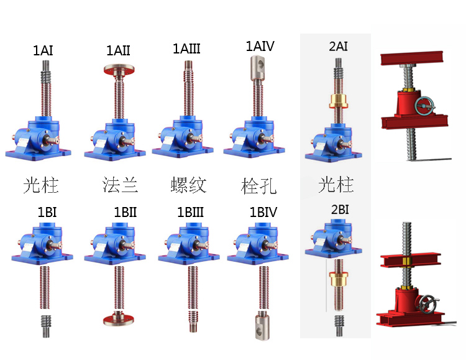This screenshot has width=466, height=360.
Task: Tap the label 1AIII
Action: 187,48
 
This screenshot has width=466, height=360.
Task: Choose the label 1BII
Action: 125,212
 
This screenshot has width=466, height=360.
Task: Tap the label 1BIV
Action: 264,212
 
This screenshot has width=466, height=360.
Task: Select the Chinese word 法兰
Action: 120,185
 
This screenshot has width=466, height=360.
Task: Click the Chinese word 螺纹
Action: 188,185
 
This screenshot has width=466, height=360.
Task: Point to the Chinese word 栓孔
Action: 258,185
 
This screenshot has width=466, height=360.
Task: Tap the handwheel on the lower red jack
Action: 427,307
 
